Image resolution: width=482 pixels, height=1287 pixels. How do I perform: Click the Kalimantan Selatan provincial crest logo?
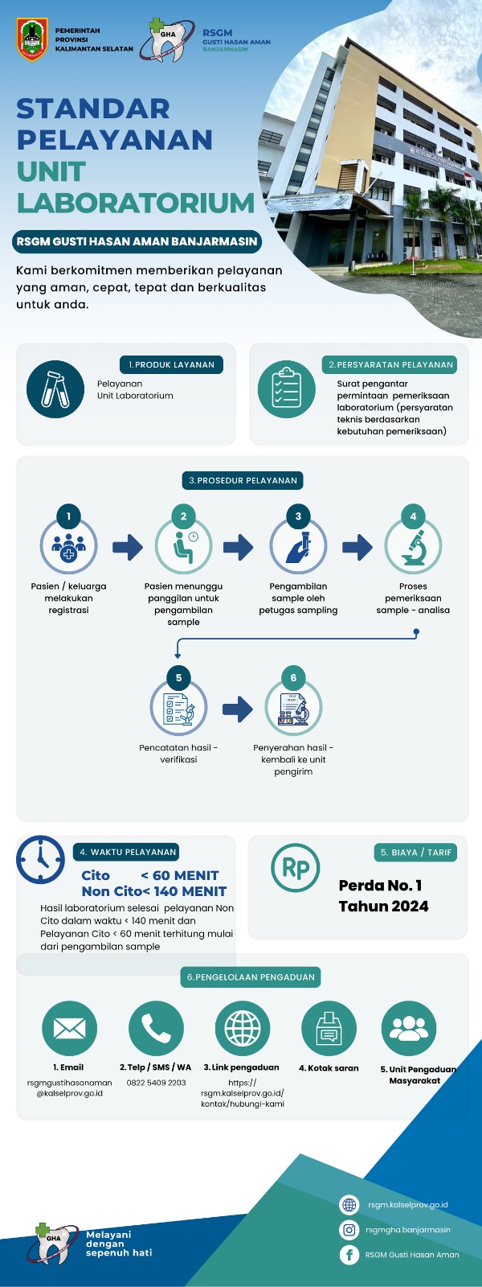click(x=32, y=39)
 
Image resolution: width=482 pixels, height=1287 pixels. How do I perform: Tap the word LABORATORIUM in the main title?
click(x=136, y=202)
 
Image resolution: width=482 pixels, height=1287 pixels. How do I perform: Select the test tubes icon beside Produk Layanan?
click(x=55, y=389)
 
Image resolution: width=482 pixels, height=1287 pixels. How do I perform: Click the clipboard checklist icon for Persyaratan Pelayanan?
click(x=286, y=389)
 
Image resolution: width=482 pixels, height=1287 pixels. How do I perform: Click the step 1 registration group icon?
click(x=69, y=546)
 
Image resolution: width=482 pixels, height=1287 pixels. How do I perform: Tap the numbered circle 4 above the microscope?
click(x=413, y=516)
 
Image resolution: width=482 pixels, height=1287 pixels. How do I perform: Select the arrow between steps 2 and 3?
click(x=238, y=547)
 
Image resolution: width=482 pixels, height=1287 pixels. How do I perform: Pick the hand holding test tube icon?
click(x=298, y=546)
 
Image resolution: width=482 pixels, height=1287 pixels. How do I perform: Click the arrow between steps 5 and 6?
click(x=238, y=709)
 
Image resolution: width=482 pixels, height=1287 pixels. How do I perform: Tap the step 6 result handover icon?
click(x=293, y=708)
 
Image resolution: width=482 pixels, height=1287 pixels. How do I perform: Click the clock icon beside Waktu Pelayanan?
click(x=41, y=860)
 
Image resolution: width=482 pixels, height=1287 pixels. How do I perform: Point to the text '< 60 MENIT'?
click(x=180, y=875)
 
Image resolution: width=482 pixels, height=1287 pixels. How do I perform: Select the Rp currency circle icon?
click(x=296, y=868)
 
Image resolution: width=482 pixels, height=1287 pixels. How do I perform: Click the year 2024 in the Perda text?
click(x=406, y=906)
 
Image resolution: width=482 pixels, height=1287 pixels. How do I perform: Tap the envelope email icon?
click(x=69, y=1029)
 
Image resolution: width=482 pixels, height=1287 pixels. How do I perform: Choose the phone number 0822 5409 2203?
click(x=156, y=1083)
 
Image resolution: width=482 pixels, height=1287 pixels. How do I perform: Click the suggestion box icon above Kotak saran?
click(x=329, y=1029)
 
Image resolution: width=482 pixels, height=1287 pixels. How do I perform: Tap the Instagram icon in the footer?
click(x=349, y=1230)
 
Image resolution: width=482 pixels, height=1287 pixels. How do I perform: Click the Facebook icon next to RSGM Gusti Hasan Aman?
click(x=349, y=1254)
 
